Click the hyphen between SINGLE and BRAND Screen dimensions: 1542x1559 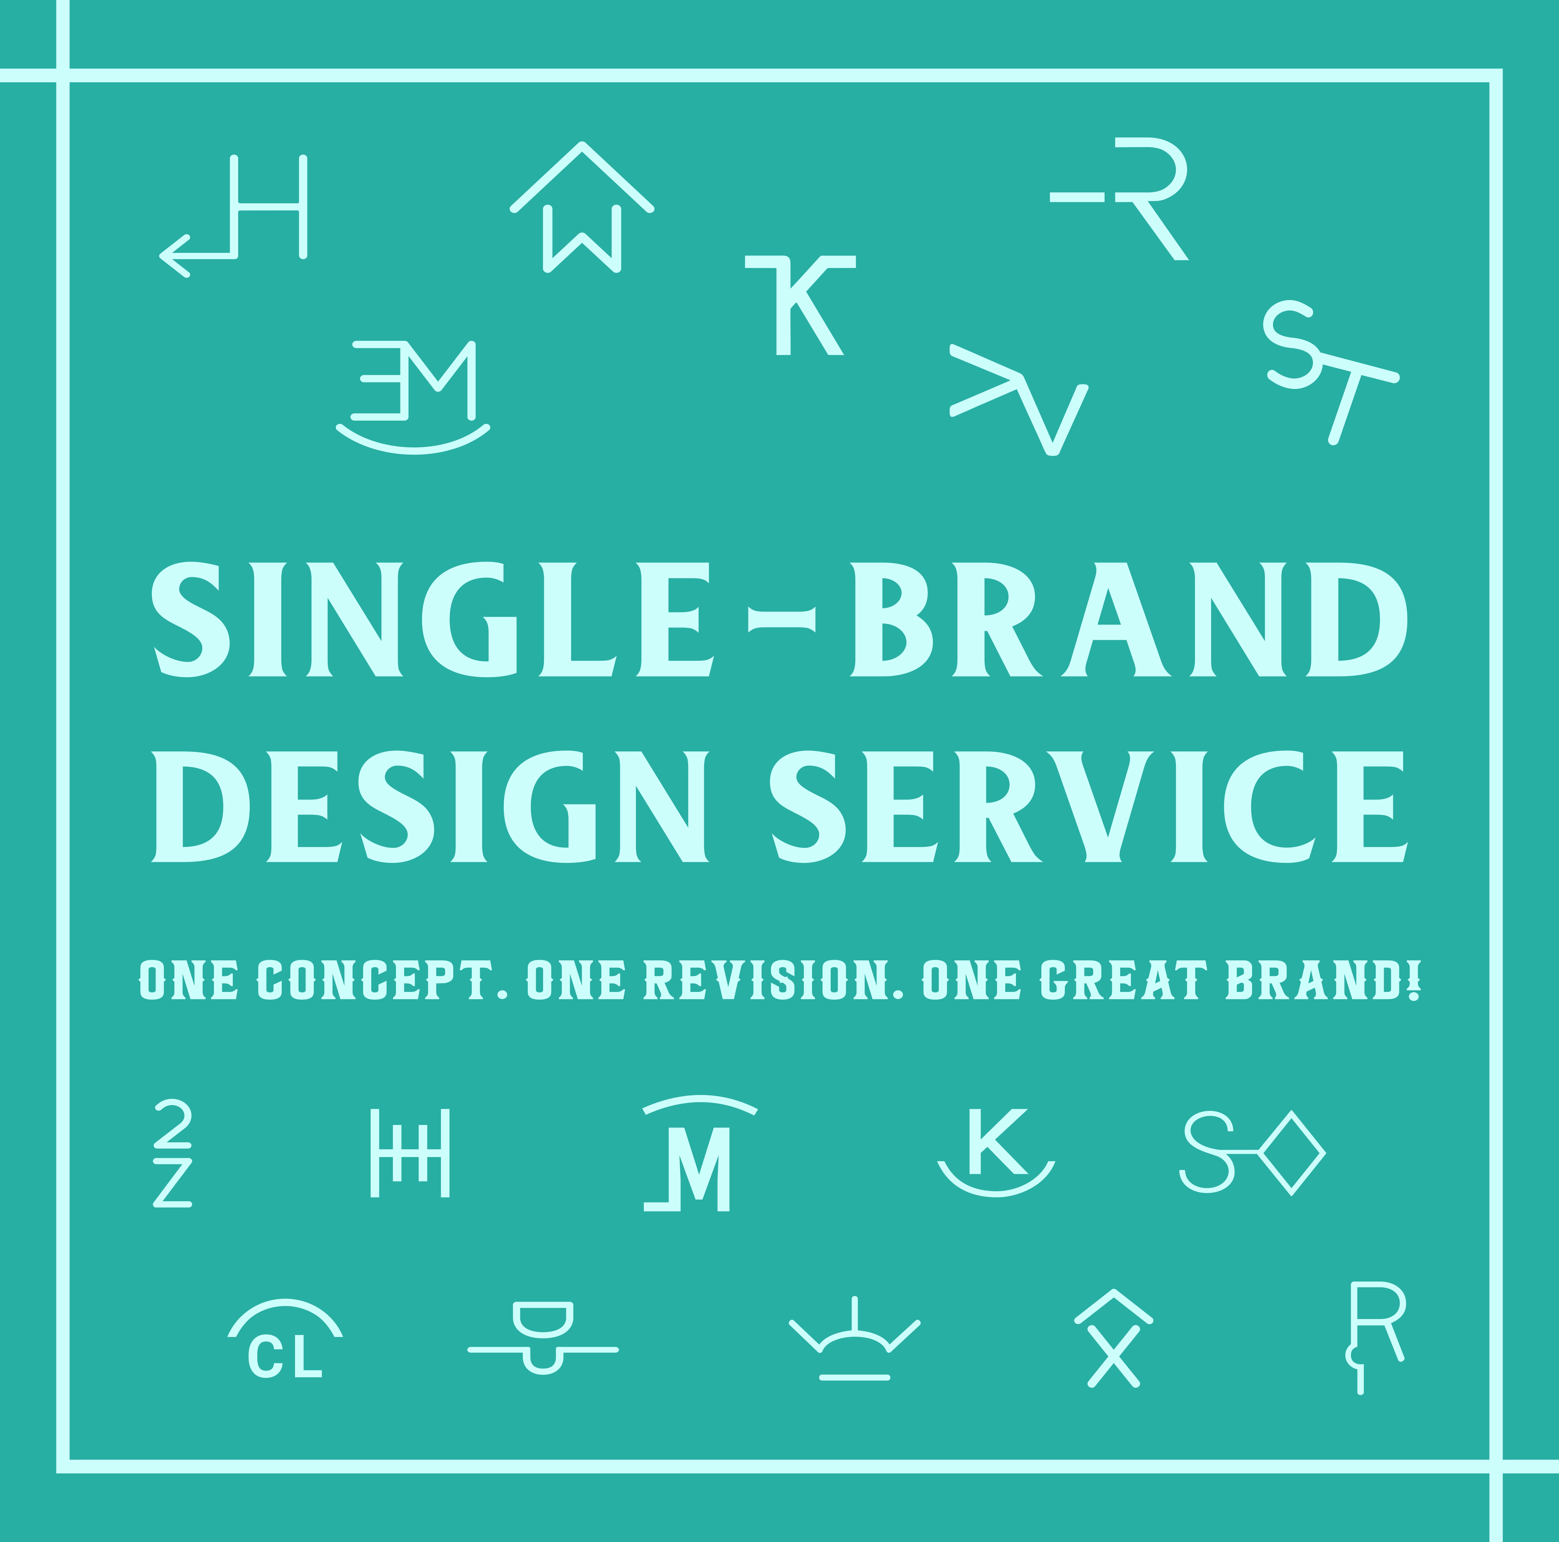tap(781, 619)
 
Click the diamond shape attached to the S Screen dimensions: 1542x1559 tap(1292, 1153)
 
